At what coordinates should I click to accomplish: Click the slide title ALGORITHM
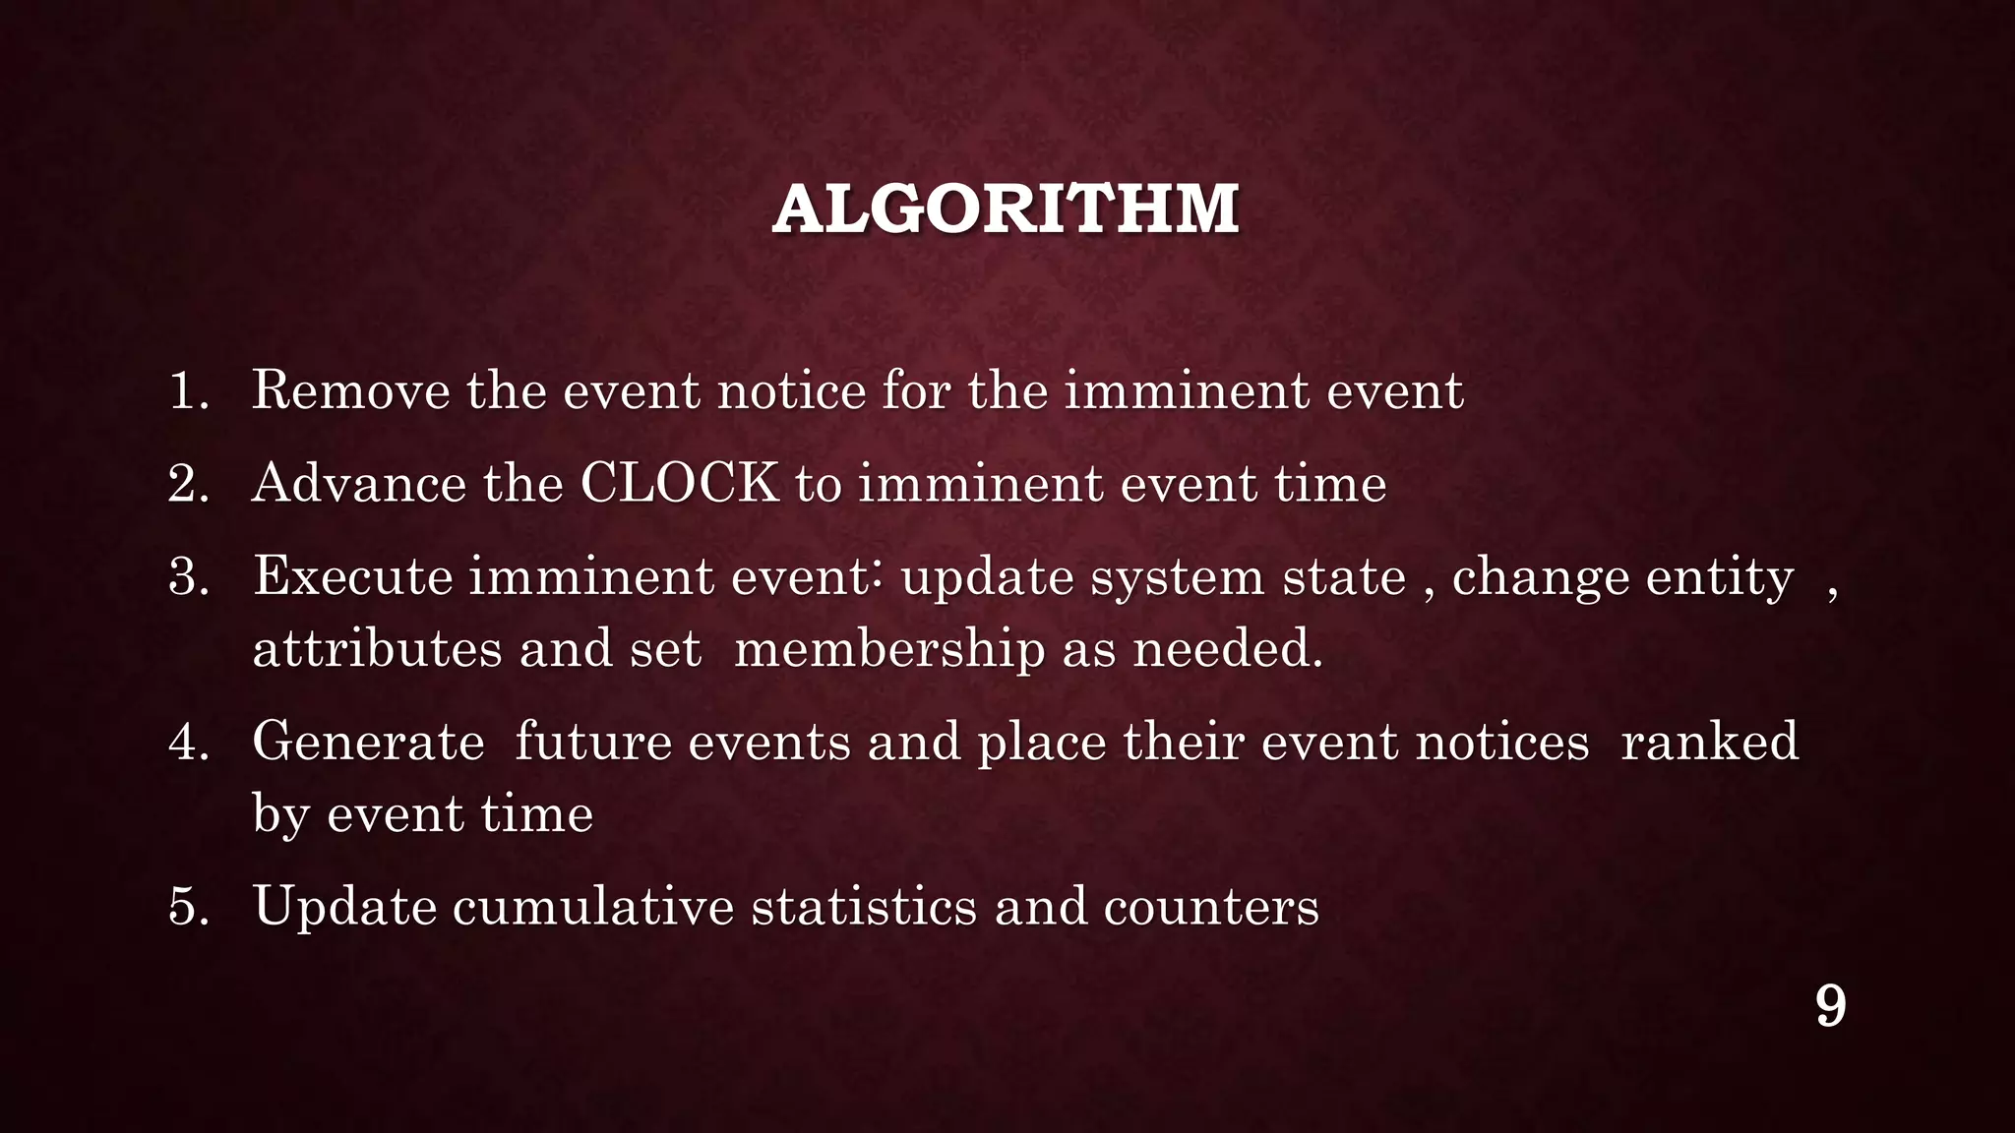1006,209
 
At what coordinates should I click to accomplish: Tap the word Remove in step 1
349,390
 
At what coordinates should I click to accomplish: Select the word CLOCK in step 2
679,484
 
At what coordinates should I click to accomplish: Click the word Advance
358,484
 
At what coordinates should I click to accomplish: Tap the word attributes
377,650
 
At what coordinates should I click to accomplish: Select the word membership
889,650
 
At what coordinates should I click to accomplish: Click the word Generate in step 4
368,742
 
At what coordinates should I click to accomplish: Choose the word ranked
1709,742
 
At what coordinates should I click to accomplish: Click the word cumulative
592,907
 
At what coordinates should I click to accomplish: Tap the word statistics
864,907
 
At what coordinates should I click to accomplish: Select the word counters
1210,907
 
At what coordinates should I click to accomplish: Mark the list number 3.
187,577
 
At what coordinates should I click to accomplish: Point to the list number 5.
187,907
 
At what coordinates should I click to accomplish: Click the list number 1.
187,391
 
